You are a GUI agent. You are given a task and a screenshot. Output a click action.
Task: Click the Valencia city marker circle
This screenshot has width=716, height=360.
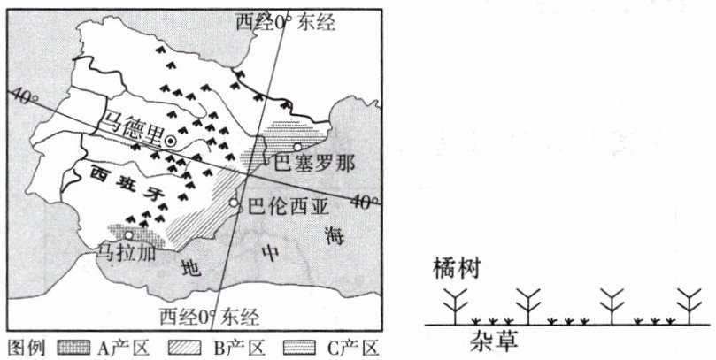tap(235, 203)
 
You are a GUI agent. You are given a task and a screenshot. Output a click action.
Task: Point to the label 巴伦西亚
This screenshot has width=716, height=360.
tap(288, 209)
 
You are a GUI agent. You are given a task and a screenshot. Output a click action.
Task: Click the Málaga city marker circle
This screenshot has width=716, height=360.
tap(129, 236)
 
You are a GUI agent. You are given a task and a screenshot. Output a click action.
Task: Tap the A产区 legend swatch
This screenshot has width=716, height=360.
tap(74, 347)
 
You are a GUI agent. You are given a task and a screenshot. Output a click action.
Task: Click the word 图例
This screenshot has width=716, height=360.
tap(27, 347)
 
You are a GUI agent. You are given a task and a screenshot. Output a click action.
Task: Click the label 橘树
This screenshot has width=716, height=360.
tap(457, 268)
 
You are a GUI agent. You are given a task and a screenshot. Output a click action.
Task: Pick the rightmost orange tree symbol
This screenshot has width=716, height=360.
tap(689, 306)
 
